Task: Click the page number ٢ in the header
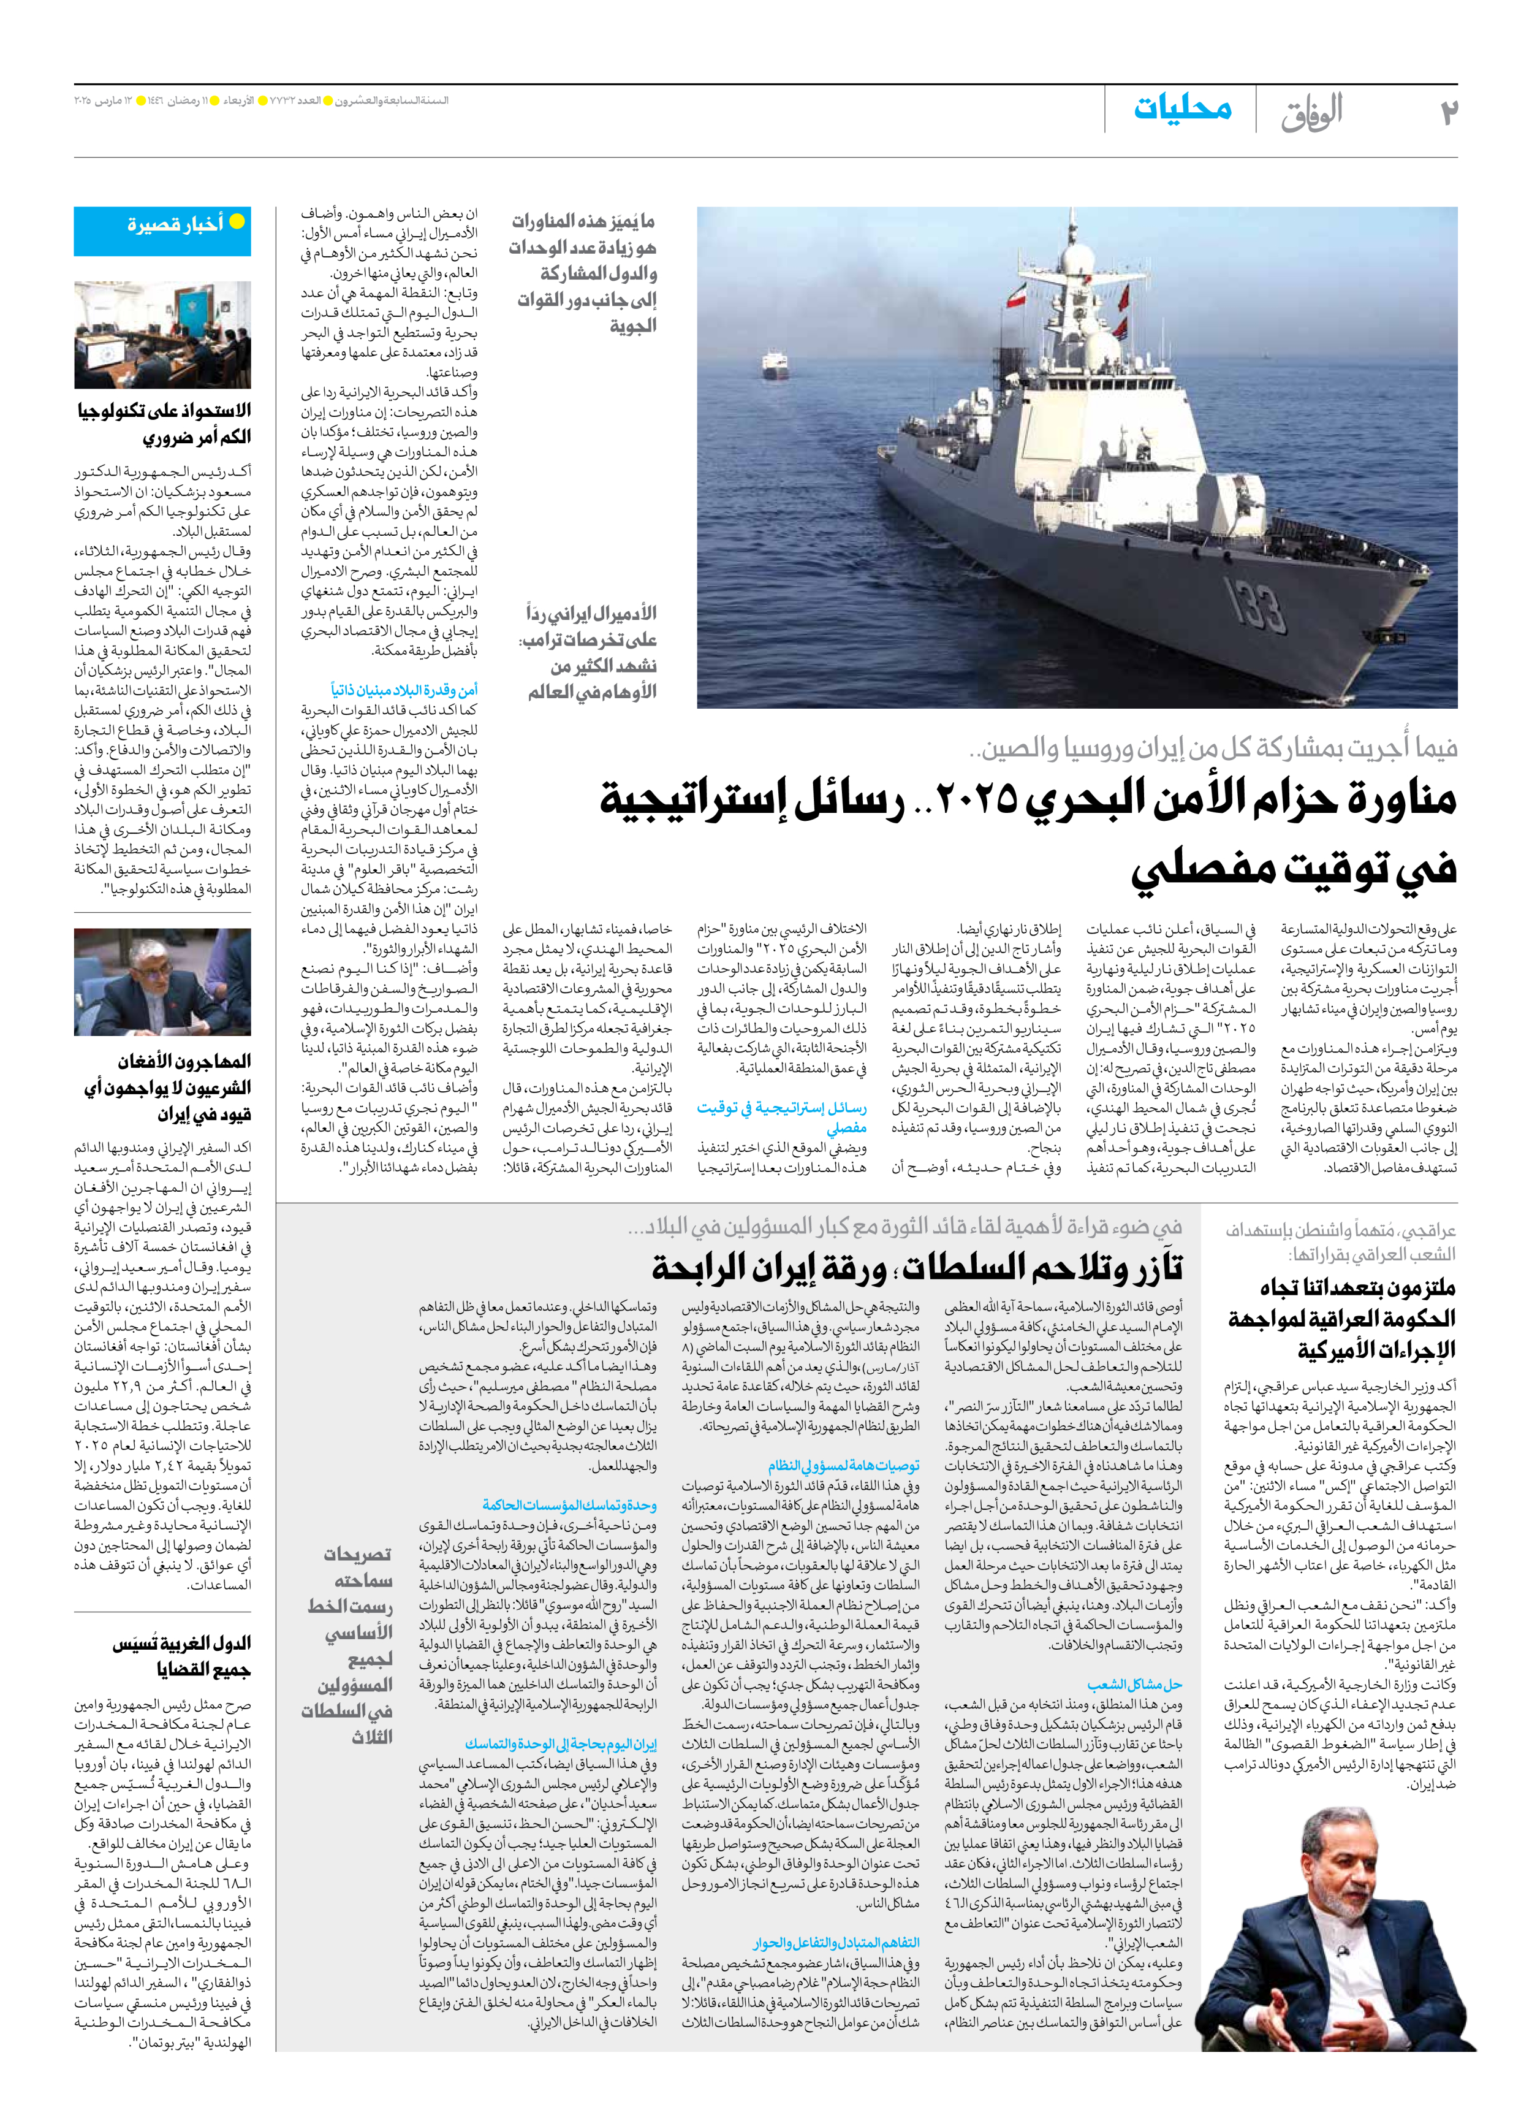pyautogui.click(x=1449, y=112)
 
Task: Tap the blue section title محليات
pyautogui.click(x=1183, y=108)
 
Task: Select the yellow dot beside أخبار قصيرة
pyautogui.click(x=238, y=222)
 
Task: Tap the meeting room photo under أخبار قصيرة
pyautogui.click(x=162, y=335)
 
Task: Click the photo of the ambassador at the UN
pyautogui.click(x=162, y=981)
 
